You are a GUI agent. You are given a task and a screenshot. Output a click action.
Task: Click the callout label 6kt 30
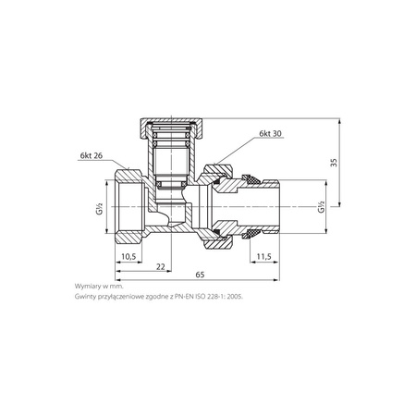pos(271,135)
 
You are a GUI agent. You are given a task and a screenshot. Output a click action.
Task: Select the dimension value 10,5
pos(130,255)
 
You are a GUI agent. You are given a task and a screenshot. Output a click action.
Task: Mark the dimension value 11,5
pos(263,255)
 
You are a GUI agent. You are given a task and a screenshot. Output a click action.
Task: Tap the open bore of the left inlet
pos(129,210)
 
